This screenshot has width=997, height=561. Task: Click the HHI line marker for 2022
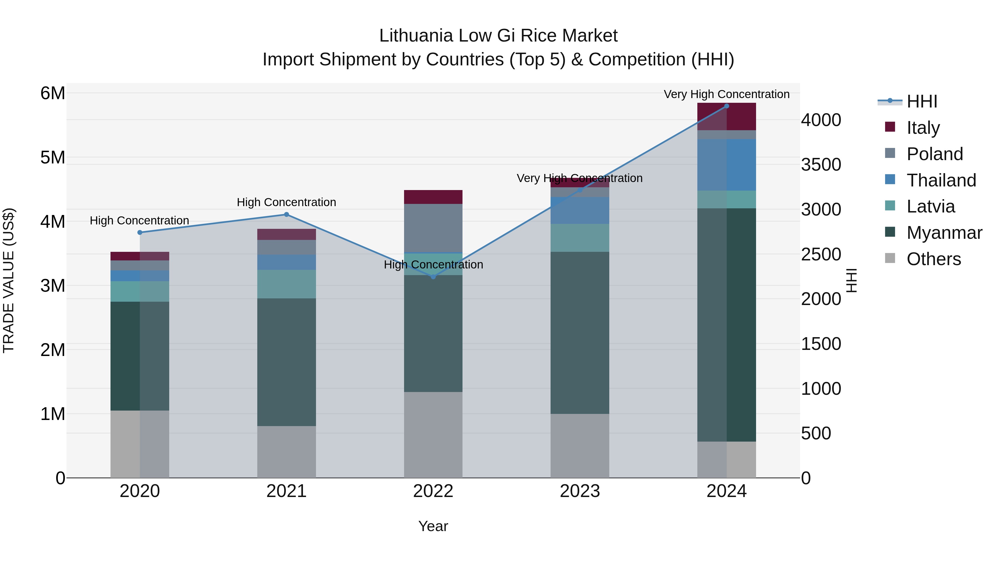(433, 277)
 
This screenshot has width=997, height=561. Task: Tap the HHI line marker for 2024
(726, 106)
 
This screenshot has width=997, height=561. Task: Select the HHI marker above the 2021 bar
(286, 214)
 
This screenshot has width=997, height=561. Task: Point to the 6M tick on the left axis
(53, 93)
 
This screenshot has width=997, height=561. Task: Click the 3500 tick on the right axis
(821, 165)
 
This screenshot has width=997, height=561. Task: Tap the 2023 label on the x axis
(579, 491)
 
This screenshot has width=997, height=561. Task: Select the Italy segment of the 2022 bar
(433, 197)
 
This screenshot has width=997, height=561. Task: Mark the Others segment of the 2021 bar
(286, 452)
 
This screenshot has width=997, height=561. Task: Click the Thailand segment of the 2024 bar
(726, 165)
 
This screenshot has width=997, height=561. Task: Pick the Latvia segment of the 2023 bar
(579, 238)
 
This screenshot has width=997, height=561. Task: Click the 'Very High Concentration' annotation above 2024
(726, 94)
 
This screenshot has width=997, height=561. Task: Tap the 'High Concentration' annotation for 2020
(139, 221)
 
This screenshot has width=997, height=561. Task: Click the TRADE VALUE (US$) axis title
(9, 280)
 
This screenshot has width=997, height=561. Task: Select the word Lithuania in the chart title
(416, 36)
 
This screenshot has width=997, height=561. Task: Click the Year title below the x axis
(433, 526)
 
